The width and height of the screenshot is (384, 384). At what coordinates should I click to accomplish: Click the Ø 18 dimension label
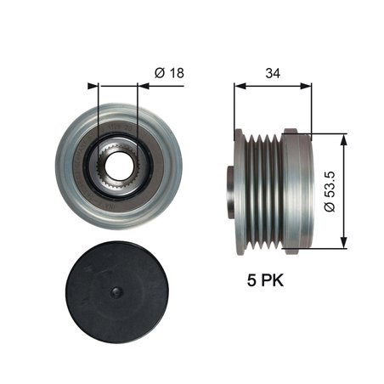point(167,73)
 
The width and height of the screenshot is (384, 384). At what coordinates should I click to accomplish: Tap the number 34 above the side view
point(273,73)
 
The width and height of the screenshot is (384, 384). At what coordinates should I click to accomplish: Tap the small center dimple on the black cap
point(119,293)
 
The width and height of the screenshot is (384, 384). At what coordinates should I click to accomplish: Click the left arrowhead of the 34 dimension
point(238,85)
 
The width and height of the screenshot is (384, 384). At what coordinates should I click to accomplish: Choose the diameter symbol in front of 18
point(158,73)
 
